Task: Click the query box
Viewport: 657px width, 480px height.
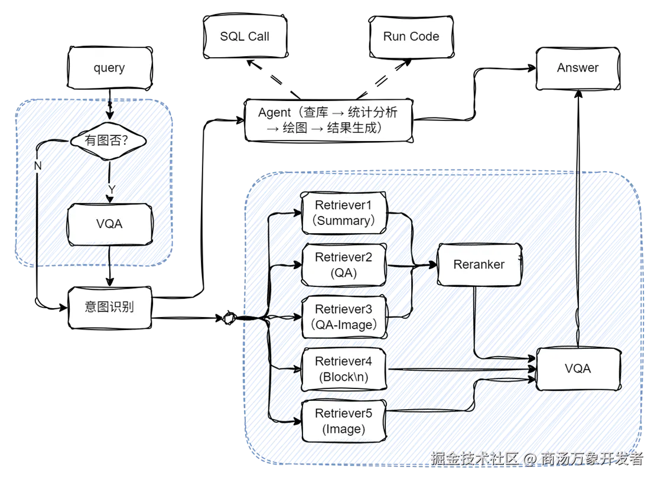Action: [x=109, y=68]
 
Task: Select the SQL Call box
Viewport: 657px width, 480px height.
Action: [x=245, y=37]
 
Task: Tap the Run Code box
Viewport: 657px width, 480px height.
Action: [x=411, y=37]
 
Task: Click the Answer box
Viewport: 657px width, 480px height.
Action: [x=577, y=68]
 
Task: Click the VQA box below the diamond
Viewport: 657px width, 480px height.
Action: [x=109, y=224]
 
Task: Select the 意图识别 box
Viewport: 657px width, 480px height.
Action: [x=109, y=308]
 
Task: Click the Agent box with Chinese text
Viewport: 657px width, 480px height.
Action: [x=328, y=120]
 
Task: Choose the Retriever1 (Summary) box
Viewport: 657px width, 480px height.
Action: [x=344, y=213]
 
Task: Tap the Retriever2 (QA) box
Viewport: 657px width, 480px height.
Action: [x=344, y=265]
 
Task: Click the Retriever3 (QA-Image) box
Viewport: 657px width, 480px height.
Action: [x=344, y=317]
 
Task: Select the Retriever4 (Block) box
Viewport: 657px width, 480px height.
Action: [x=344, y=369]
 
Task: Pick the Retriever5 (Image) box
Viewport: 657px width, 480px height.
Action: [x=344, y=422]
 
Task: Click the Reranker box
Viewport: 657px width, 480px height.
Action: [x=479, y=265]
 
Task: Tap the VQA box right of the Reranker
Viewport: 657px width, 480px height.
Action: [x=577, y=368]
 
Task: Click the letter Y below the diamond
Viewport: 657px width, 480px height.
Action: [x=111, y=189]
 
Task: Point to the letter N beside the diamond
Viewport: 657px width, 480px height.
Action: [x=37, y=166]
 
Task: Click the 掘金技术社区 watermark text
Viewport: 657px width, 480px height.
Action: [x=475, y=458]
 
